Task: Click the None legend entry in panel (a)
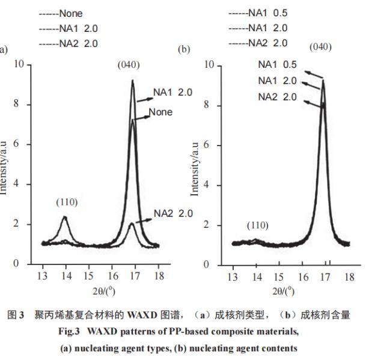click(61, 14)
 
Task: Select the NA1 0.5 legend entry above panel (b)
click(258, 13)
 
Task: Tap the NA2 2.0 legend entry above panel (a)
click(69, 44)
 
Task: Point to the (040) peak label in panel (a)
click(129, 64)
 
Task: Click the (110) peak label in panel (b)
click(258, 225)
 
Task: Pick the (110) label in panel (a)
click(67, 203)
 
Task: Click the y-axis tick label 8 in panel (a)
click(16, 103)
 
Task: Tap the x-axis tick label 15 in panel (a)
click(88, 276)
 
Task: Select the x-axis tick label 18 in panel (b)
click(349, 276)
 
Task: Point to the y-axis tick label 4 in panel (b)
click(206, 185)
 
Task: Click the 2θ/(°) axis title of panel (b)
click(284, 291)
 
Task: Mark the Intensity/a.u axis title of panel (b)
click(195, 169)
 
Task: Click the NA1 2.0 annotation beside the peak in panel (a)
click(172, 93)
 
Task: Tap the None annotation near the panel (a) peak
click(160, 112)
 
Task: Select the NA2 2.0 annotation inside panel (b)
click(278, 97)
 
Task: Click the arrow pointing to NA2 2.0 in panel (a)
click(144, 221)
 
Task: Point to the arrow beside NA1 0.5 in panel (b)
click(314, 75)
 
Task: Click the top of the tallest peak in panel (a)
click(132, 81)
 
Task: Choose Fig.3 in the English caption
click(69, 332)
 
